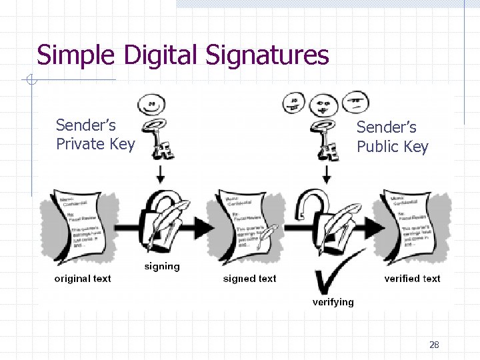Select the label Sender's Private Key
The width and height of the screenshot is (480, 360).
tap(95, 135)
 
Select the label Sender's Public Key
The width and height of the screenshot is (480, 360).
tap(392, 137)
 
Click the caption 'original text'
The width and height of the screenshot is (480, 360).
tap(83, 279)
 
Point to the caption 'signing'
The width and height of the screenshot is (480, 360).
tap(162, 267)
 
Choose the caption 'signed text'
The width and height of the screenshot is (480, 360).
tap(249, 279)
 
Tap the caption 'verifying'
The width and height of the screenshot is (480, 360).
tap(333, 302)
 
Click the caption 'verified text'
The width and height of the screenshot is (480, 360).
tap(412, 279)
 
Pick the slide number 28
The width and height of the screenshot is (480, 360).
tap(434, 345)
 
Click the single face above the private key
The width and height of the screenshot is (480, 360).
tap(153, 104)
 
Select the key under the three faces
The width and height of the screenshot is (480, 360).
tap(327, 139)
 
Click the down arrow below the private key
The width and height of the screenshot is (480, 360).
tap(160, 175)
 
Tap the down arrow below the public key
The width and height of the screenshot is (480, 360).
tap(327, 175)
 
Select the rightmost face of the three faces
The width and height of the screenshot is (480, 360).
tap(355, 102)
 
